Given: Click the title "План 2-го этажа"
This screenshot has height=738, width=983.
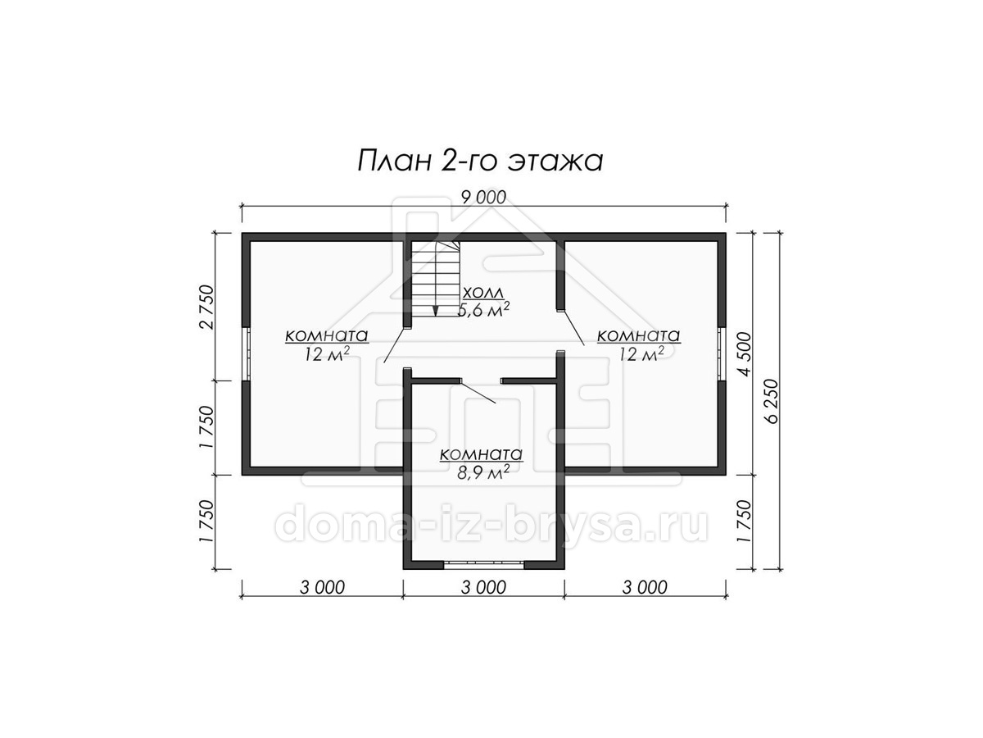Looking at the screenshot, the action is tap(480, 162).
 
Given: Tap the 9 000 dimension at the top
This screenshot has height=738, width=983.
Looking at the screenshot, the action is tap(483, 197).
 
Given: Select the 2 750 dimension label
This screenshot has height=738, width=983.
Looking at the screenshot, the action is tap(207, 307).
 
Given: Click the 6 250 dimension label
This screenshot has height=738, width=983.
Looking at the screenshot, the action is tap(772, 402).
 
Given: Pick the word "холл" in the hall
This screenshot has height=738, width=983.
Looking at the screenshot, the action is tap(483, 293).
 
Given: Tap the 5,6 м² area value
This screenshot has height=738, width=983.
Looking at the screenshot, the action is tap(483, 310).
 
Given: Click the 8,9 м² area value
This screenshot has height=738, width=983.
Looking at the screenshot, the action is tap(483, 472).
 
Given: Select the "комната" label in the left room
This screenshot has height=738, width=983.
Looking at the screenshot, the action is tap(327, 335).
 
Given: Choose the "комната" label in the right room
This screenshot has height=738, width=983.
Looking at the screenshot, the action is tap(639, 335).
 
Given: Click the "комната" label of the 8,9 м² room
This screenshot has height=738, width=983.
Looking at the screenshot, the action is tap(482, 454).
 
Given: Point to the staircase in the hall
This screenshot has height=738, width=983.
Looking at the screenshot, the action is tap(436, 279).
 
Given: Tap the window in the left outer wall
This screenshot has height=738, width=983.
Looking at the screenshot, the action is tap(247, 354).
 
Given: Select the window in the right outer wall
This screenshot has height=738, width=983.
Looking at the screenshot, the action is tap(722, 354).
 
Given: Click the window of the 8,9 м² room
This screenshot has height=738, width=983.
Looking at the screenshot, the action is tap(483, 565).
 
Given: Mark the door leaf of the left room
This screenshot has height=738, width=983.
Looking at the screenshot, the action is tap(395, 346).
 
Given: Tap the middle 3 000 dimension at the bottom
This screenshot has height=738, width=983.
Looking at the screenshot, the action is tap(483, 587).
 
